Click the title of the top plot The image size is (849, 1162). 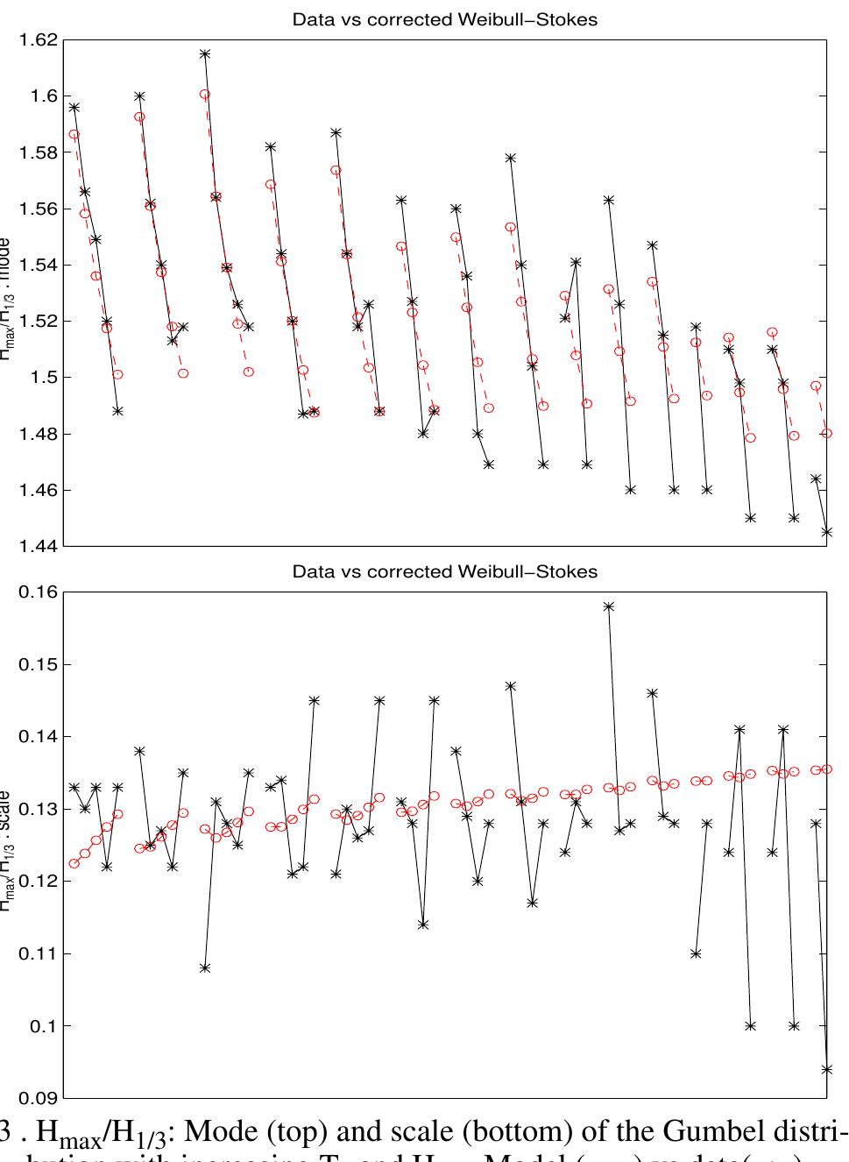coord(444,19)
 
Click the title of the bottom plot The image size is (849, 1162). coord(444,572)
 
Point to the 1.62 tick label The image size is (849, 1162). coord(39,39)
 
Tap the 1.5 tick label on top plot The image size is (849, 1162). coord(44,377)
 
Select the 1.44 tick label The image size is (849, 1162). coord(39,546)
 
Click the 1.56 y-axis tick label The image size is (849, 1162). coord(39,209)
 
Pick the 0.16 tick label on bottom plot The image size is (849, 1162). coord(39,592)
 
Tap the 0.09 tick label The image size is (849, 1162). coord(39,1097)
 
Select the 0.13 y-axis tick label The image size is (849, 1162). coord(39,809)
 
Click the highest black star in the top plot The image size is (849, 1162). coord(205,53)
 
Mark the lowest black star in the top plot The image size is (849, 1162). coord(827,532)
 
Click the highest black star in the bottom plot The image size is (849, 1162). coord(609,606)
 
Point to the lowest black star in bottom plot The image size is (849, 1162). coord(827,1069)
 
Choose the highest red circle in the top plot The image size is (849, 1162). coord(205,94)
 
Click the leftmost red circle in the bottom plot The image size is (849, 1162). coord(74,863)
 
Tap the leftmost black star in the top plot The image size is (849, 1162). coord(74,107)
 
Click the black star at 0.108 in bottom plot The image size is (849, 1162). coord(205,967)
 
